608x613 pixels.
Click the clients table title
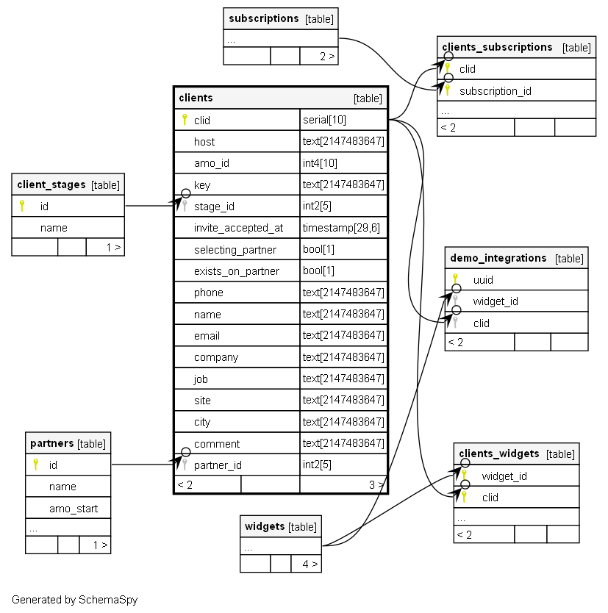coord(196,98)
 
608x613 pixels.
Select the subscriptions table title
coord(263,18)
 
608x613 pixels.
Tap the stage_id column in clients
coord(214,207)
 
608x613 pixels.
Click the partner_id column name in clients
coord(218,465)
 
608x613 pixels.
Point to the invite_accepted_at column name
coord(238,228)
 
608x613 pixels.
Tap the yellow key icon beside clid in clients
coord(185,120)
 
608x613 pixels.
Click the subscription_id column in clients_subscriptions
coord(495,91)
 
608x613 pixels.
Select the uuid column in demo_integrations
coord(483,280)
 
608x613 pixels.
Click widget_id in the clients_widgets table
coord(504,476)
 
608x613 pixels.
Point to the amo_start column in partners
coord(74,508)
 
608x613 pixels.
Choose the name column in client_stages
coord(54,228)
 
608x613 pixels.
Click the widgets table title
coord(265,526)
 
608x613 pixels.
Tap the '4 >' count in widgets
coord(309,564)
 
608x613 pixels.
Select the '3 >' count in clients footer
coord(376,484)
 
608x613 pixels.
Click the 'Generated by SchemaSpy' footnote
coord(74,600)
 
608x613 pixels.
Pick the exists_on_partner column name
coord(237,271)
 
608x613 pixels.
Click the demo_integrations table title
coord(498,258)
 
